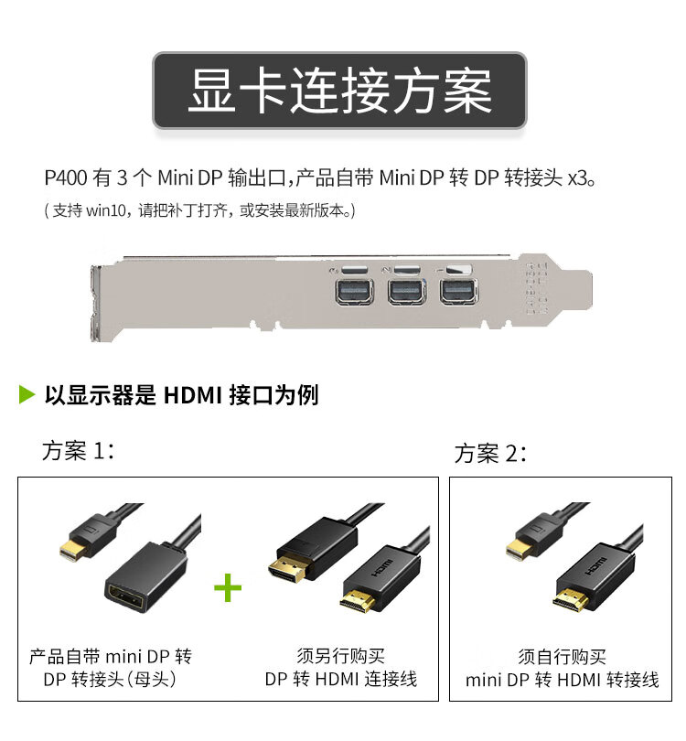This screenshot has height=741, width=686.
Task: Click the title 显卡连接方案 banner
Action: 339,90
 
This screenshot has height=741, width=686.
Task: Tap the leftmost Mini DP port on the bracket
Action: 354,292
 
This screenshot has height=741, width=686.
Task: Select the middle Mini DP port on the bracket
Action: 406,292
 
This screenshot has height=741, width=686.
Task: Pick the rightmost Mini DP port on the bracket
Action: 458,292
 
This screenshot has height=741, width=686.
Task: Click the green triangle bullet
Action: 27,394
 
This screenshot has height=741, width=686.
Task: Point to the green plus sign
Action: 228,587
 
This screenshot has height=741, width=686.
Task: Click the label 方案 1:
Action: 78,450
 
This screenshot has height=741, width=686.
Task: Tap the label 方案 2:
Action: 490,453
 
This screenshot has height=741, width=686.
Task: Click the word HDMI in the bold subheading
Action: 192,395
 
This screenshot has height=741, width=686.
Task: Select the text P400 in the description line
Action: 66,178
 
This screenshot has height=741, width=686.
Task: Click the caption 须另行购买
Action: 340,656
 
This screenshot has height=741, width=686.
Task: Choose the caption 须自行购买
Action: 562,657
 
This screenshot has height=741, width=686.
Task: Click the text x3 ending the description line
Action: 577,178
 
